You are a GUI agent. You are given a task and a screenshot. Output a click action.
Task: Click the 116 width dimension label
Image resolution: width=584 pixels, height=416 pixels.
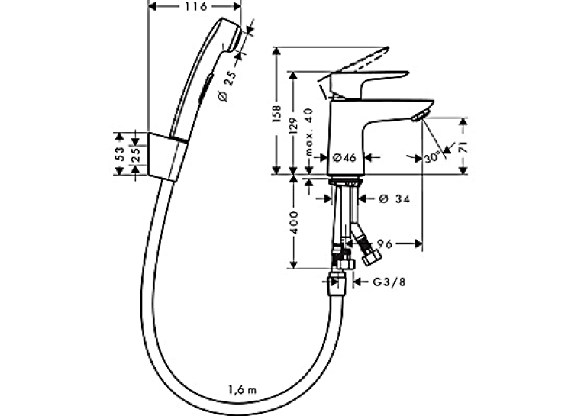coord(195,6)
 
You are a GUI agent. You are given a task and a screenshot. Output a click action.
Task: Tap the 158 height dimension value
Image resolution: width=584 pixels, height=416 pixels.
coord(276,114)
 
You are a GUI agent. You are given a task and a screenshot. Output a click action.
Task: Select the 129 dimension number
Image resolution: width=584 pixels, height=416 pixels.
coord(294,126)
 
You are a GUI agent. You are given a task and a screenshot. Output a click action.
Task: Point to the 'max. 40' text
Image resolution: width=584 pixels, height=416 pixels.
coord(308,132)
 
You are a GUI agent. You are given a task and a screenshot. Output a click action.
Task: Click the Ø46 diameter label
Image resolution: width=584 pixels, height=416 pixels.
coord(344,157)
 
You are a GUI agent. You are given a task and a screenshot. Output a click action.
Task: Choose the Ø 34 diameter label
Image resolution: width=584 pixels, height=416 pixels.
coord(395,199)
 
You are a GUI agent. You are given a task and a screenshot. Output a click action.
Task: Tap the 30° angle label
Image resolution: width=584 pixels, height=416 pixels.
coord(432,158)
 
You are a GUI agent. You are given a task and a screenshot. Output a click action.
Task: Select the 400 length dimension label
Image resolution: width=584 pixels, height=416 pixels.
coord(294,223)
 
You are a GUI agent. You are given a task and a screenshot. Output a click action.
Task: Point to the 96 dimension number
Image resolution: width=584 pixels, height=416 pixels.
coord(385,244)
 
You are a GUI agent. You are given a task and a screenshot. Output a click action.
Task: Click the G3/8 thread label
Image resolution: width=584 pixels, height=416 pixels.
coord(389,282)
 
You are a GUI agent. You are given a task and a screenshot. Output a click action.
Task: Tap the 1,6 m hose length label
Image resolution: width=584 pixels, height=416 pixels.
coord(243,390)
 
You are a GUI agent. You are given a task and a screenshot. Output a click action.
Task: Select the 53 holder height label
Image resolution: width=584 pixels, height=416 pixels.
coord(119,153)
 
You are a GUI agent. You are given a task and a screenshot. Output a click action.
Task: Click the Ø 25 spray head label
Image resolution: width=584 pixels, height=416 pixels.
coord(227,86)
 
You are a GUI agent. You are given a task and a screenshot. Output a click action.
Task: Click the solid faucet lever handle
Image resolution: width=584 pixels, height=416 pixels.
coord(369,82)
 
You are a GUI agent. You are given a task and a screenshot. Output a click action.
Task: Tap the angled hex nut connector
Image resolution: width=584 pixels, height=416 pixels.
coord(371,258)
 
